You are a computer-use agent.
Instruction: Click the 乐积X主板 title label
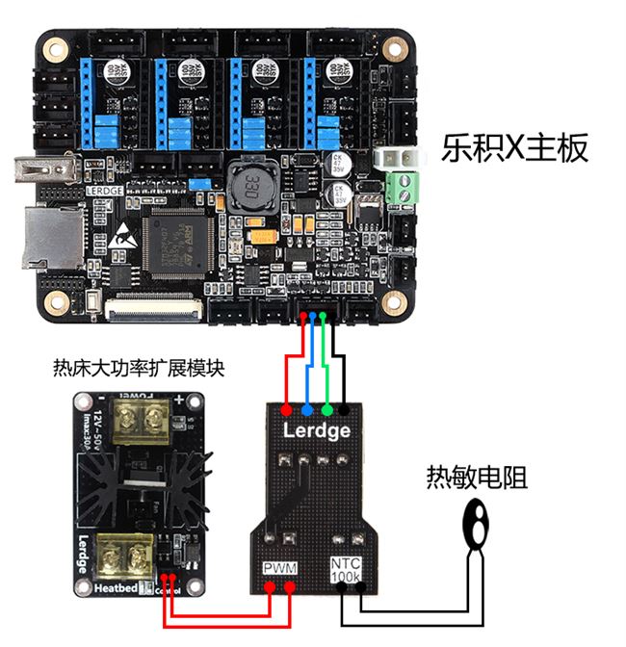(514, 147)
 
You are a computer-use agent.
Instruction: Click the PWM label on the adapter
(280, 568)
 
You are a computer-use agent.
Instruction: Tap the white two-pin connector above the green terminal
(396, 156)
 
